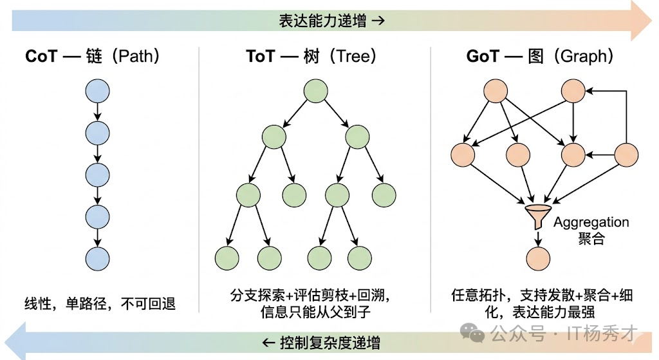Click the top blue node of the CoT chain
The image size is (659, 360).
coord(97,91)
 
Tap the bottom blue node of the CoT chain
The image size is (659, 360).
coord(97,258)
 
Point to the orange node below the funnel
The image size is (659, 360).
coord(538,258)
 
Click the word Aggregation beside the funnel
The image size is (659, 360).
coord(591,222)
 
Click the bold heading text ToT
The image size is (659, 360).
coord(260,57)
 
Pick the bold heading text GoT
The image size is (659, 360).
coord(483,57)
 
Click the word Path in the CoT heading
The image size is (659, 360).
coord(136,57)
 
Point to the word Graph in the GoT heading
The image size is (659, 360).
coord(584,57)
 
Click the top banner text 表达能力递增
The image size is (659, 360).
coord(323,21)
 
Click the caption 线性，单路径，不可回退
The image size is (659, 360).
coord(100,303)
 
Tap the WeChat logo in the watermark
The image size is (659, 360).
coord(476,333)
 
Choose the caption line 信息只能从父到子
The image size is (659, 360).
coord(315,313)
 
